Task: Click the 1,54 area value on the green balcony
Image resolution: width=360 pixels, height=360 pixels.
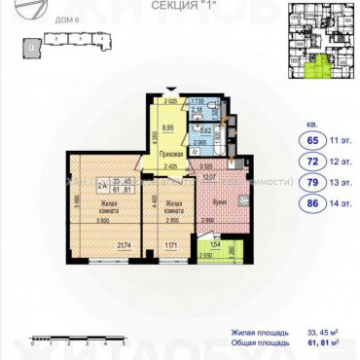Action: [216, 244]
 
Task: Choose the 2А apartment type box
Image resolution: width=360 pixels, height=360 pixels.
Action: [101, 182]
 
